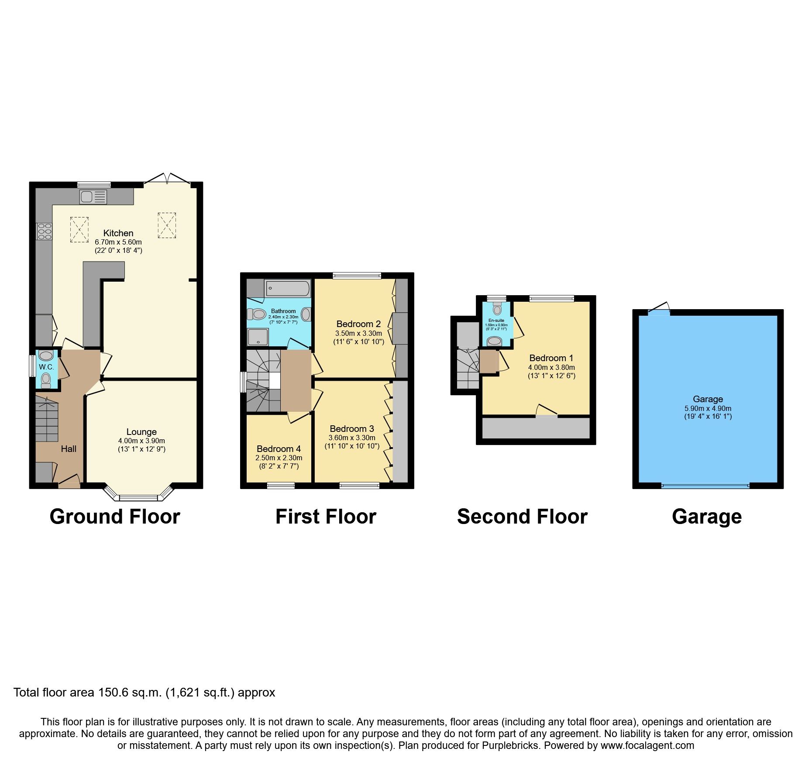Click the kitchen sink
tap(93, 197)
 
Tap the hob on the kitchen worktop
tap(45, 231)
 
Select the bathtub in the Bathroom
tap(288, 288)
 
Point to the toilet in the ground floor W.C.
tap(46, 379)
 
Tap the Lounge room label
tap(141, 432)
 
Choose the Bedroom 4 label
tap(279, 449)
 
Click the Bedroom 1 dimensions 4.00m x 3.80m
tap(551, 368)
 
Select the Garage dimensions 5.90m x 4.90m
tap(708, 408)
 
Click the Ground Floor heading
tap(115, 517)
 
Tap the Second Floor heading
tap(522, 517)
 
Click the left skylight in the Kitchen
tap(79, 230)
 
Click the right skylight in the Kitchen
tap(167, 225)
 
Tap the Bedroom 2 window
tap(357, 276)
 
